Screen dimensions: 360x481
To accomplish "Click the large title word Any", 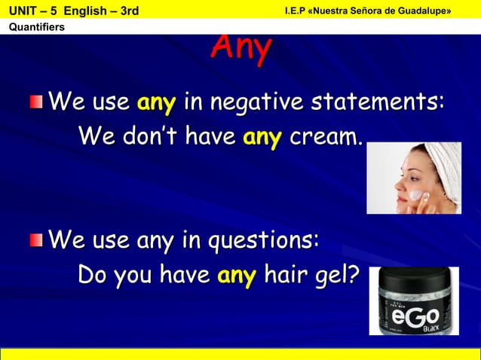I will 240,48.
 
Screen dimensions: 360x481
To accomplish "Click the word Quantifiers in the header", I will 35,28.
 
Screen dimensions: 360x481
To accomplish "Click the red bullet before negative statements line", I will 36,102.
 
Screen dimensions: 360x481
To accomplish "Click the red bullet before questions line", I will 36,241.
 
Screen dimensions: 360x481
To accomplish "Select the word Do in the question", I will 93,276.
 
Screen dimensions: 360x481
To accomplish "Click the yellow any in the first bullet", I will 156,101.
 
